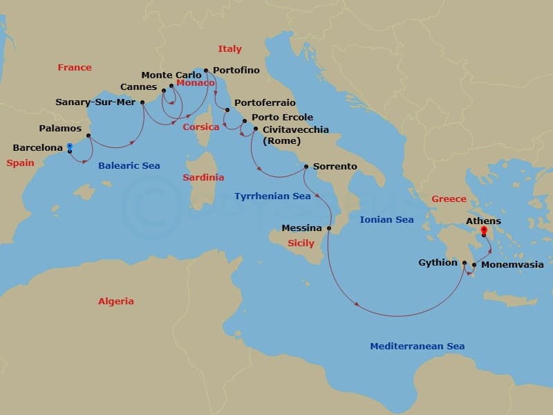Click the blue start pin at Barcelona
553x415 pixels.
click(69, 147)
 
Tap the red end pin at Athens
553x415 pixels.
click(484, 231)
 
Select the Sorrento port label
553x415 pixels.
click(335, 167)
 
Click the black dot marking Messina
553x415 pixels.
click(329, 228)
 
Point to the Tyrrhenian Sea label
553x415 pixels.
click(272, 196)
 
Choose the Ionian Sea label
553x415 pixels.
click(386, 220)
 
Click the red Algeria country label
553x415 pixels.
click(116, 302)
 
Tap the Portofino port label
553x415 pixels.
click(236, 71)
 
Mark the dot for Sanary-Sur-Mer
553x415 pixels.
click(142, 102)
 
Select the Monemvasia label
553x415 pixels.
click(512, 265)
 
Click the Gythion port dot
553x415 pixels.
click(465, 263)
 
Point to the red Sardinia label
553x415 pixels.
click(203, 178)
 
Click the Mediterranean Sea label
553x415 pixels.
click(417, 347)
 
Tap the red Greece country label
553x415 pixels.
click(449, 199)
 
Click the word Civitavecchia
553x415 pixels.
click(296, 129)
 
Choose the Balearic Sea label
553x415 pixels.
click(129, 166)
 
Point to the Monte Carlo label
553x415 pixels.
click(171, 75)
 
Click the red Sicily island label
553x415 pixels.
click(301, 243)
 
